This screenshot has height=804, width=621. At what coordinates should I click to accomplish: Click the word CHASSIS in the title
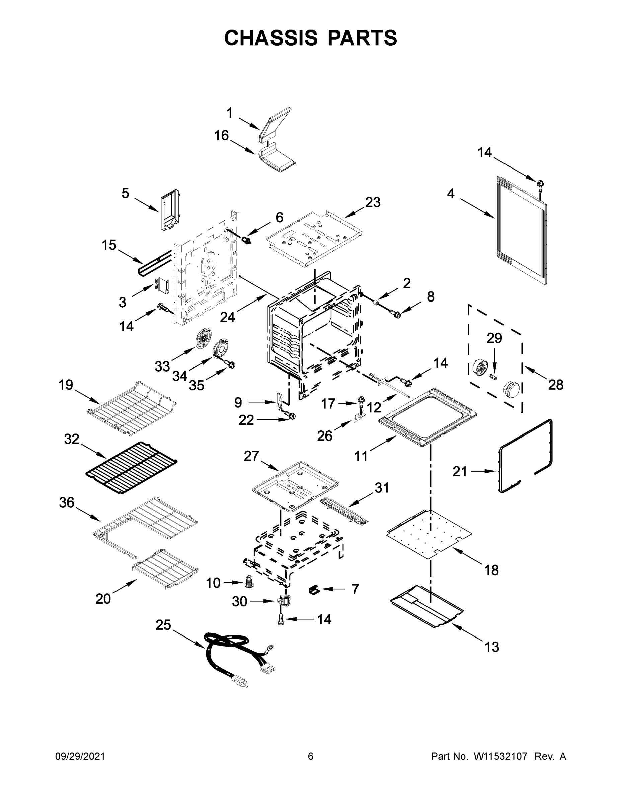[x=271, y=38]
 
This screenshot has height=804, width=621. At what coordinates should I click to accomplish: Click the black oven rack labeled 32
[x=131, y=468]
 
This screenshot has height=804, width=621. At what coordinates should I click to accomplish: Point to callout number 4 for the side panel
[x=451, y=194]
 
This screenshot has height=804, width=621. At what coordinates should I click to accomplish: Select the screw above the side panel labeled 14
[x=540, y=185]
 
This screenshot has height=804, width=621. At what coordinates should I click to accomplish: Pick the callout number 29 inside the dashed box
[x=494, y=338]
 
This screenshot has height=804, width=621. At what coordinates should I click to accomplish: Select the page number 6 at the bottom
[x=311, y=756]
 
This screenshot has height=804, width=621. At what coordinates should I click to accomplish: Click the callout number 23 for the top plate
[x=373, y=202]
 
